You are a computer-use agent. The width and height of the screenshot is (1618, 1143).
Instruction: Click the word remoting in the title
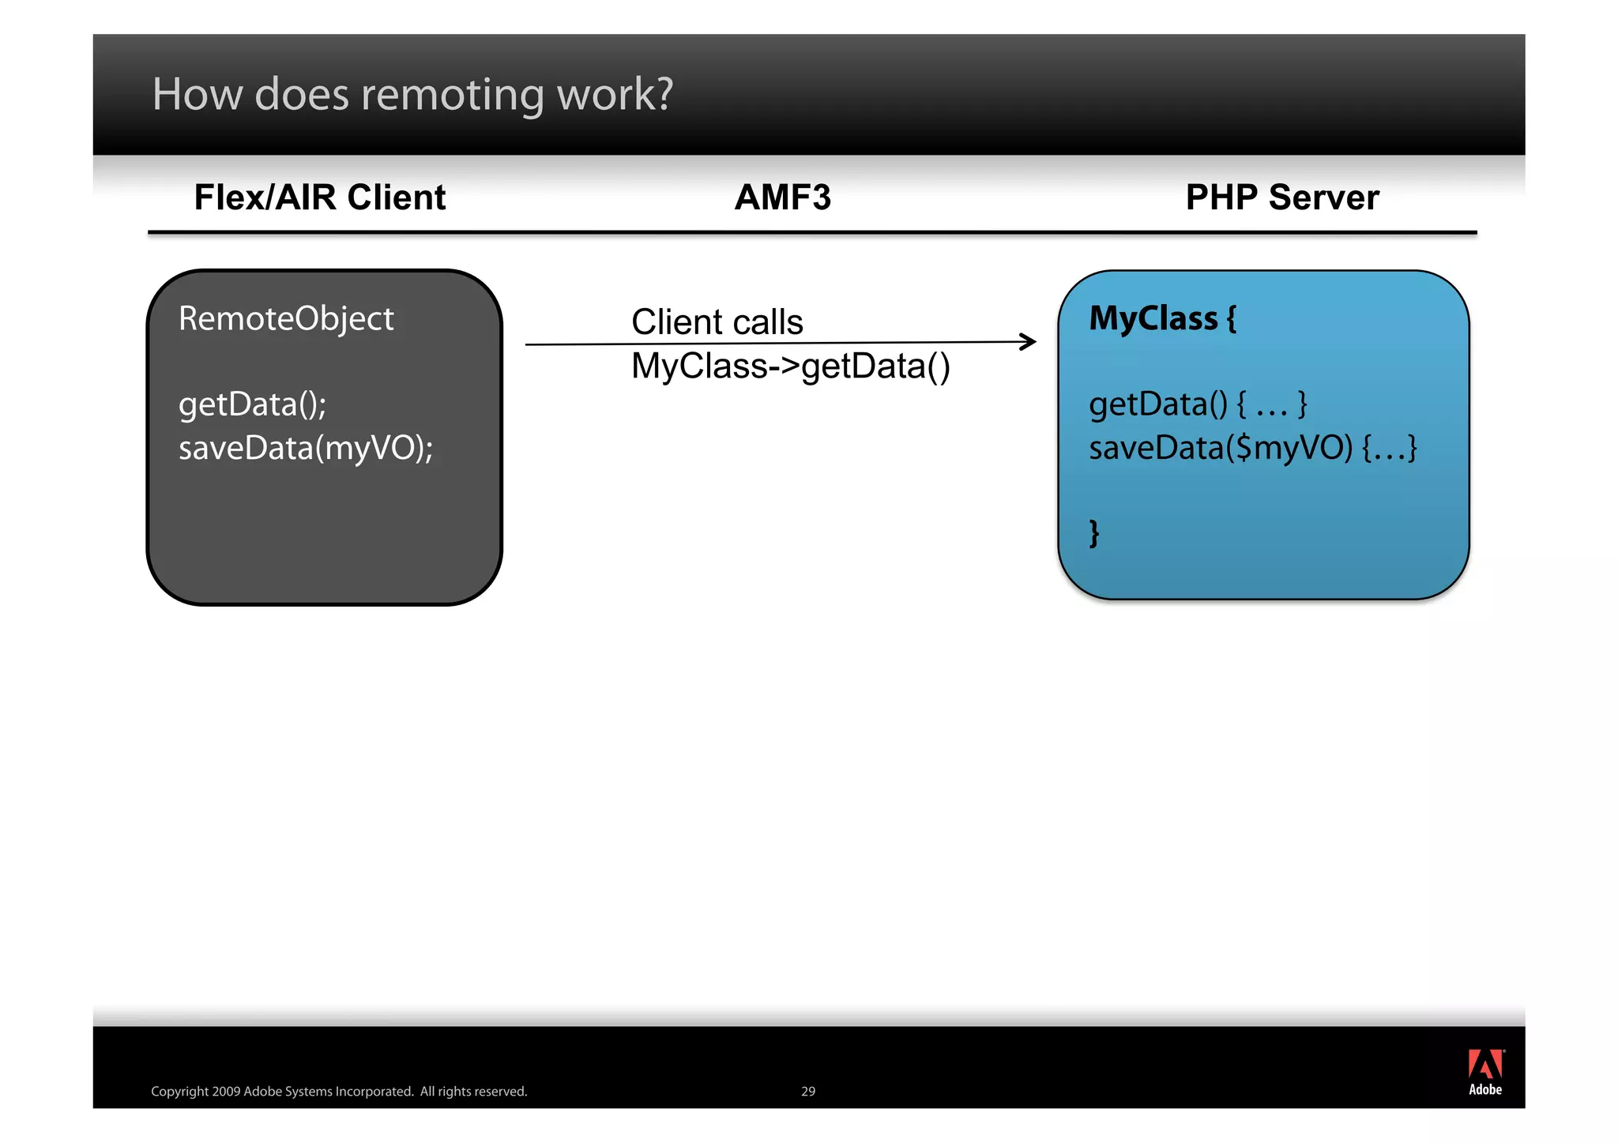pyautogui.click(x=453, y=96)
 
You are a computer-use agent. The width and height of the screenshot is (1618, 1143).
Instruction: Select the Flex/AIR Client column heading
pyautogui.click(x=320, y=197)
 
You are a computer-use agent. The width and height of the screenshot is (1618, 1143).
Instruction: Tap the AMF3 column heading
pyautogui.click(x=782, y=197)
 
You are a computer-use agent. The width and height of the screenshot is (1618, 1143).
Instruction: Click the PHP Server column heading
pyautogui.click(x=1281, y=197)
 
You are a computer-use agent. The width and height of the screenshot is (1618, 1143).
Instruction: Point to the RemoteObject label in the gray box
pyautogui.click(x=286, y=319)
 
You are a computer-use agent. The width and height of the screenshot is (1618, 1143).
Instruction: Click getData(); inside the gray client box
pyautogui.click(x=252, y=404)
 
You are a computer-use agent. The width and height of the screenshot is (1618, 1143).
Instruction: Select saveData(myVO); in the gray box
pyautogui.click(x=306, y=449)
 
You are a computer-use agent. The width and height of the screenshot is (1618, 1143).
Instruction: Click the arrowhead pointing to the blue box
pyautogui.click(x=1029, y=341)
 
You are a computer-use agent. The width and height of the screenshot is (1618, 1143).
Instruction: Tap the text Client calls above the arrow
pyautogui.click(x=717, y=322)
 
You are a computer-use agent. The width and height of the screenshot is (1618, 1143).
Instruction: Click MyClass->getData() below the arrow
pyautogui.click(x=790, y=367)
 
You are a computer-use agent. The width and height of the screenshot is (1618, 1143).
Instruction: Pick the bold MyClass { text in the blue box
pyautogui.click(x=1162, y=318)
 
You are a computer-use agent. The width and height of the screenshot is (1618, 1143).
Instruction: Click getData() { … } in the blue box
pyautogui.click(x=1198, y=404)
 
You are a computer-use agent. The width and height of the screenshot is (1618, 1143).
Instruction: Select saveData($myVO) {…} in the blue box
pyautogui.click(x=1252, y=449)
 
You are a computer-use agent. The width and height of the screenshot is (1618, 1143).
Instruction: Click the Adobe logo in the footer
pyautogui.click(x=1485, y=1072)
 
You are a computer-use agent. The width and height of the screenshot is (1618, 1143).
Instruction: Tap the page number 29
pyautogui.click(x=807, y=1092)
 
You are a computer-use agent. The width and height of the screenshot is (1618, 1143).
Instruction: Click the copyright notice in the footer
pyautogui.click(x=339, y=1092)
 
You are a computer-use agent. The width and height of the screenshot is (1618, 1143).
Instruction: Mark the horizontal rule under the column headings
pyautogui.click(x=811, y=232)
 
